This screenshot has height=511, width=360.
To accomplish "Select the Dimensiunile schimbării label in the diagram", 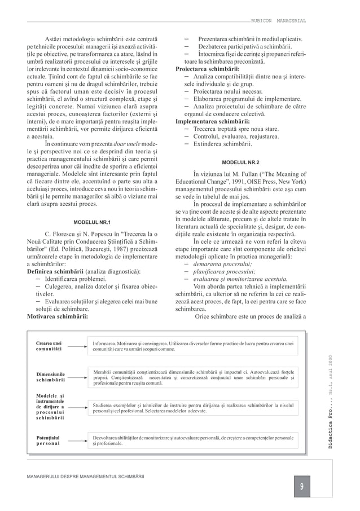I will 51,377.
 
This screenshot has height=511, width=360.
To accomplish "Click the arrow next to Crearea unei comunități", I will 80,346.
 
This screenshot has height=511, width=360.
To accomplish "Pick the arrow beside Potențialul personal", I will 80,441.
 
